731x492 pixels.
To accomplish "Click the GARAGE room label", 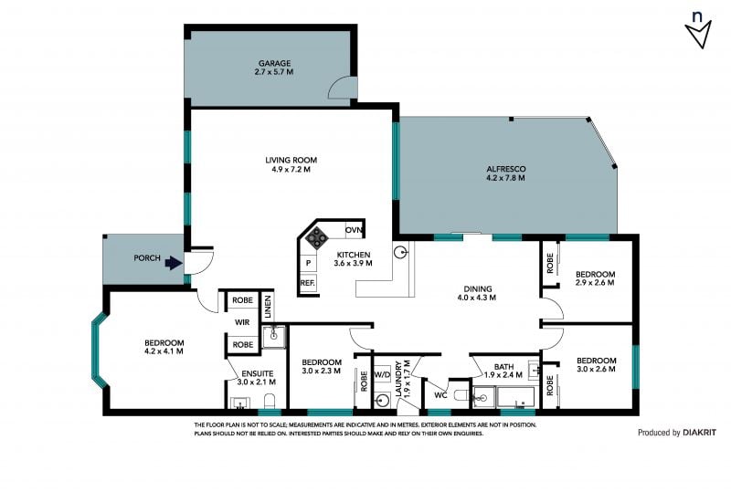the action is (x=275, y=63).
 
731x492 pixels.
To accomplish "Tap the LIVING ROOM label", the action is (x=291, y=161).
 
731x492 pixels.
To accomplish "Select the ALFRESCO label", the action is (x=506, y=169).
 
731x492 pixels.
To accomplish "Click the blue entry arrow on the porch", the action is (x=174, y=263).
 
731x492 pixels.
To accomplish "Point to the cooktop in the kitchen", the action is (x=317, y=237).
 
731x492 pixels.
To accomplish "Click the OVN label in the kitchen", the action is (x=354, y=230).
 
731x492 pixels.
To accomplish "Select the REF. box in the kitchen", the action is (x=308, y=283).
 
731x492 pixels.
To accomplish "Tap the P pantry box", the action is (x=308, y=263).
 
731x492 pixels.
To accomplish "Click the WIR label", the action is (x=242, y=322).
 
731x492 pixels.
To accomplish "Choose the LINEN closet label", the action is (x=268, y=307).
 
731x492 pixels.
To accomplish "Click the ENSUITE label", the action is (x=258, y=373).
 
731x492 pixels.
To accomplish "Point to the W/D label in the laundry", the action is (x=382, y=373).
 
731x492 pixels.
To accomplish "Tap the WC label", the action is (x=440, y=395).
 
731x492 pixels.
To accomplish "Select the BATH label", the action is (x=504, y=367).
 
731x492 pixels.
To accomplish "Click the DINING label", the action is (x=478, y=288).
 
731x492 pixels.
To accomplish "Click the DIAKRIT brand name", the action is (x=699, y=433).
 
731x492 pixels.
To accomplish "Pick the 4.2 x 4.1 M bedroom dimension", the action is (x=164, y=351).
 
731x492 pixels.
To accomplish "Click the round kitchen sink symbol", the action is (x=400, y=253).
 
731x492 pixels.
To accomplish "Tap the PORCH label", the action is (x=147, y=258).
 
